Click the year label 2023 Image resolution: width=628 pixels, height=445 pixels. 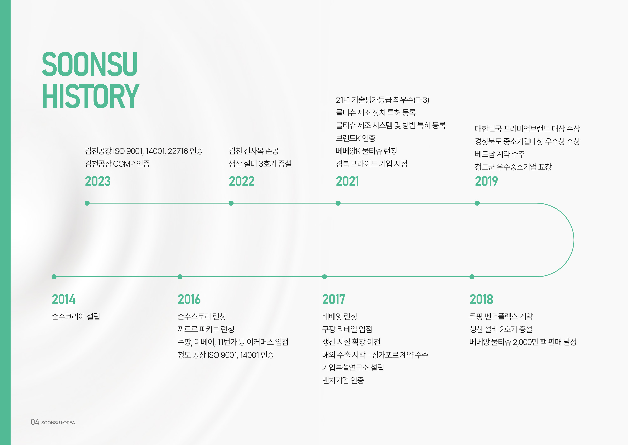[98, 181]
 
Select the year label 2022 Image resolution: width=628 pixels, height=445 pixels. [241, 181]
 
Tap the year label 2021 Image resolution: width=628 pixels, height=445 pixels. [347, 181]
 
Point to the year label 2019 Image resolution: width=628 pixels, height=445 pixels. [486, 181]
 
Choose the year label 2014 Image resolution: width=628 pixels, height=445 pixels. [64, 299]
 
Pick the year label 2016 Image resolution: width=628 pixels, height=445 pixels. [189, 299]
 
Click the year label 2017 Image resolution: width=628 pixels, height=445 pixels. [334, 299]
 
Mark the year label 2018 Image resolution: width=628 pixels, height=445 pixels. [481, 299]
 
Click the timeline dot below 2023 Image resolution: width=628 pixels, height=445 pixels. [87, 203]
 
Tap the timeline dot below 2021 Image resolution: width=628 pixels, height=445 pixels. [338, 203]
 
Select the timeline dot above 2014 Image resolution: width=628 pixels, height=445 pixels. [54, 277]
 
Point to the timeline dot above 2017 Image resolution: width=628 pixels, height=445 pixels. [325, 277]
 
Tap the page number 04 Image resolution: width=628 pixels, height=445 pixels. [35, 422]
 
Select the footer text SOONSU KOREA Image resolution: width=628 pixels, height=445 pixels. [58, 423]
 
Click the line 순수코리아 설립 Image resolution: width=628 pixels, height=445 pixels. [76, 317]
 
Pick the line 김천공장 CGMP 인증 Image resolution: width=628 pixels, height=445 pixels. [117, 164]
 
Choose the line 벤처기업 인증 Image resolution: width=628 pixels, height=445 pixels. [343, 380]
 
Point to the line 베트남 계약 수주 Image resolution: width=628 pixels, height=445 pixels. [500, 154]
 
